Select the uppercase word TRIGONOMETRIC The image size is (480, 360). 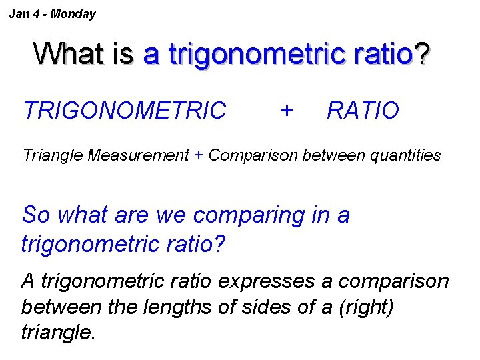(x=125, y=111)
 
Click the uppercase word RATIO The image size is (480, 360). (x=363, y=111)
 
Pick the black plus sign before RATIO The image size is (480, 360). (x=287, y=109)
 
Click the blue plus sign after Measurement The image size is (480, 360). (x=199, y=156)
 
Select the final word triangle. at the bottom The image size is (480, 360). (x=59, y=332)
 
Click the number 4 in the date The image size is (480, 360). (x=33, y=14)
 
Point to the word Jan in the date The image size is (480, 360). (x=18, y=14)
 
